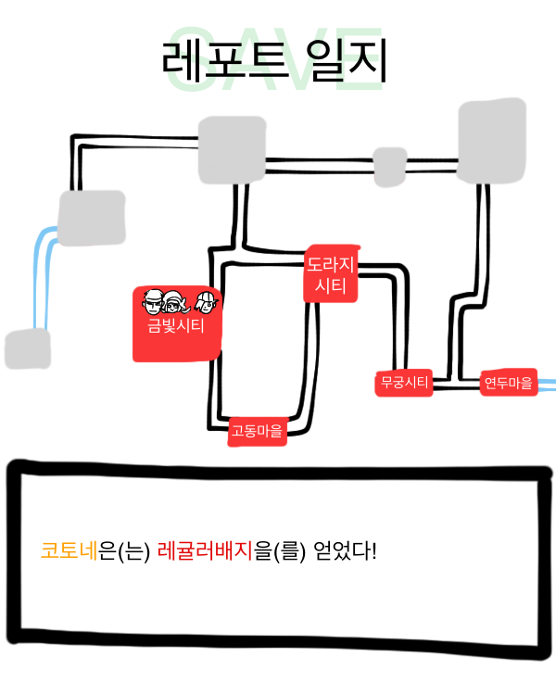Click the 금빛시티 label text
(x=175, y=326)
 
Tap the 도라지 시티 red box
(x=331, y=273)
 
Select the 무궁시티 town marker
(x=404, y=383)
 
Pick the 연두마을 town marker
(x=509, y=382)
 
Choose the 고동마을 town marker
(x=258, y=431)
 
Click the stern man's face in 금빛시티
(x=153, y=301)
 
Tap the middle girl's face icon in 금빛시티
(x=174, y=302)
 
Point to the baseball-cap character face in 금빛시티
(x=206, y=302)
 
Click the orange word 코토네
(x=69, y=550)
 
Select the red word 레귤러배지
(x=205, y=550)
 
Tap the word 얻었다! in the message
(x=345, y=550)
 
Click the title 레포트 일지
(x=274, y=61)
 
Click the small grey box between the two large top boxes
(x=390, y=167)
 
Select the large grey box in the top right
(x=492, y=141)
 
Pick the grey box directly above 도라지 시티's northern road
(x=232, y=150)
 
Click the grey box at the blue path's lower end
(x=28, y=348)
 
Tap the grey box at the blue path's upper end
(x=92, y=218)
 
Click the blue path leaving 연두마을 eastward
(x=547, y=385)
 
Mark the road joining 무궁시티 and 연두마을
(x=456, y=384)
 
